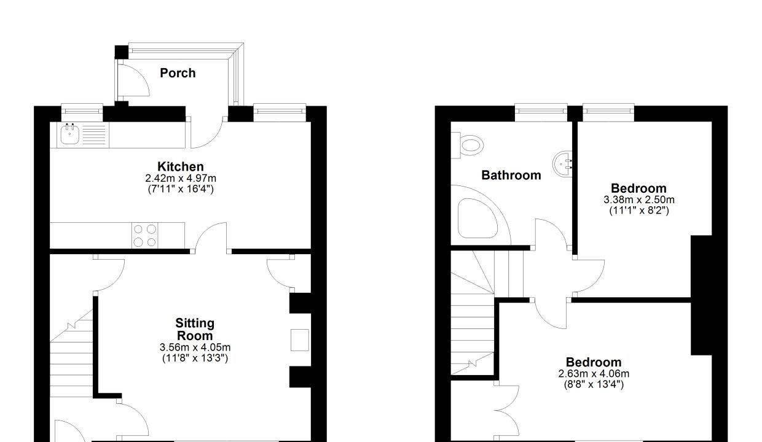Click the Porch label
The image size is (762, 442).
pyautogui.click(x=178, y=73)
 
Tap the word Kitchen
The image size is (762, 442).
pyautogui.click(x=181, y=166)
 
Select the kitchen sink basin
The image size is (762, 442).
pyautogui.click(x=69, y=134)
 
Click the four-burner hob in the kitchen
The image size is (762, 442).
pyautogui.click(x=145, y=236)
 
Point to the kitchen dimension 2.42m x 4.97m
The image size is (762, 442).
pyautogui.click(x=181, y=178)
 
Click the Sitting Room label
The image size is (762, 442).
pyautogui.click(x=195, y=329)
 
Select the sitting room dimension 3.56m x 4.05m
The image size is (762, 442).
pyautogui.click(x=195, y=347)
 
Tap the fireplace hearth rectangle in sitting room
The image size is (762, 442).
pyautogui.click(x=300, y=339)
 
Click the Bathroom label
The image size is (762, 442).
pyautogui.click(x=511, y=176)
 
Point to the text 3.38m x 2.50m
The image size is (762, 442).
pyautogui.click(x=639, y=200)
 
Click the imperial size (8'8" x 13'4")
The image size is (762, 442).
pyautogui.click(x=594, y=384)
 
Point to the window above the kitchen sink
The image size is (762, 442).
pyautogui.click(x=82, y=111)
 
